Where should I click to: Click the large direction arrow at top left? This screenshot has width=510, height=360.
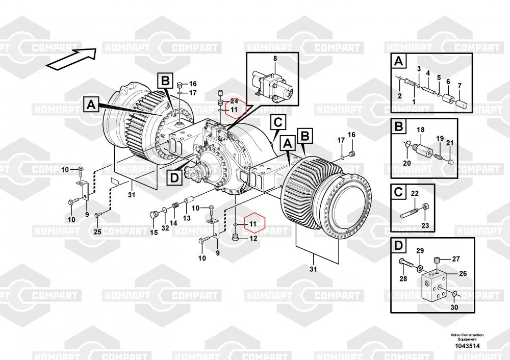coord(72,59)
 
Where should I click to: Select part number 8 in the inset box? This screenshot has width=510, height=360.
coord(275,59)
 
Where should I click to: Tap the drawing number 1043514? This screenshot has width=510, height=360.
coord(467,346)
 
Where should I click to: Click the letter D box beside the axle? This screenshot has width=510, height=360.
coord(174,177)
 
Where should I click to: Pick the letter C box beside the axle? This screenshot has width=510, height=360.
coord(278,123)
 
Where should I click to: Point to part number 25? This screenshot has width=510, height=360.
coord(97,232)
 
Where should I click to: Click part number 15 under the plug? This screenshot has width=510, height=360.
coord(154,232)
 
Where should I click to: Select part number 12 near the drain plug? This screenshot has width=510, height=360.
coord(253,238)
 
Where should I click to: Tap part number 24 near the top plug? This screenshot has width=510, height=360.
coord(234,101)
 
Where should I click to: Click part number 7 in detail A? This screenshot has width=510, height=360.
coord(460,86)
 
